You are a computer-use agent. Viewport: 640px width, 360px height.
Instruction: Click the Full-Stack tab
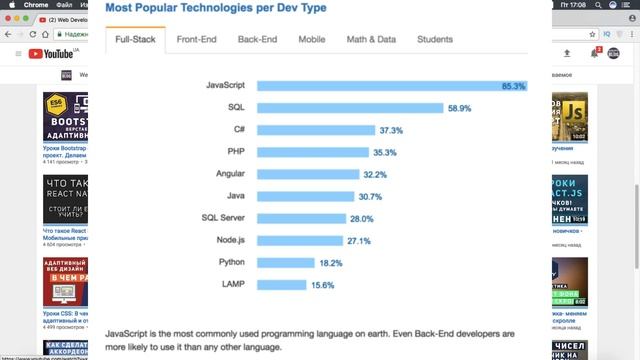point(135,40)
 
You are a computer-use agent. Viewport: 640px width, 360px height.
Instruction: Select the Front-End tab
point(198,40)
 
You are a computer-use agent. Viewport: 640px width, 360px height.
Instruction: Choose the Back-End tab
point(257,40)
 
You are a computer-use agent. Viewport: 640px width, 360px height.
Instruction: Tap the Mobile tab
point(311,40)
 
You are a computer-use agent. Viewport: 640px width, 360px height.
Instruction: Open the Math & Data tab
point(371,40)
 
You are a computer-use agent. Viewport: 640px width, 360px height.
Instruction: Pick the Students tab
point(434,40)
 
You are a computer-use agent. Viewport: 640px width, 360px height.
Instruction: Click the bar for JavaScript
point(391,86)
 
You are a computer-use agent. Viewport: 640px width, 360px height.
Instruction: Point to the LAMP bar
point(281,284)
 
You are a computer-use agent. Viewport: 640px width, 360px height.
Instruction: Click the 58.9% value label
point(459,108)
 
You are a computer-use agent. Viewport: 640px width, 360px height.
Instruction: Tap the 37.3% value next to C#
point(391,130)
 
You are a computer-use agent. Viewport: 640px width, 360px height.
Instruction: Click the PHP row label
point(238,152)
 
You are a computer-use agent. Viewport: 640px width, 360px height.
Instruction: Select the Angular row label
point(231,174)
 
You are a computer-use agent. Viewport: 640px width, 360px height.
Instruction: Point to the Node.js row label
point(231,240)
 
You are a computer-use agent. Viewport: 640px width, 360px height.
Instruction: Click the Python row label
point(232,262)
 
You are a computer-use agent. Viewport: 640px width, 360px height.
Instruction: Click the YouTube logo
point(49,53)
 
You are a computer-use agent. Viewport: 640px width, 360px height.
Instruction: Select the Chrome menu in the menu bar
point(35,5)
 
